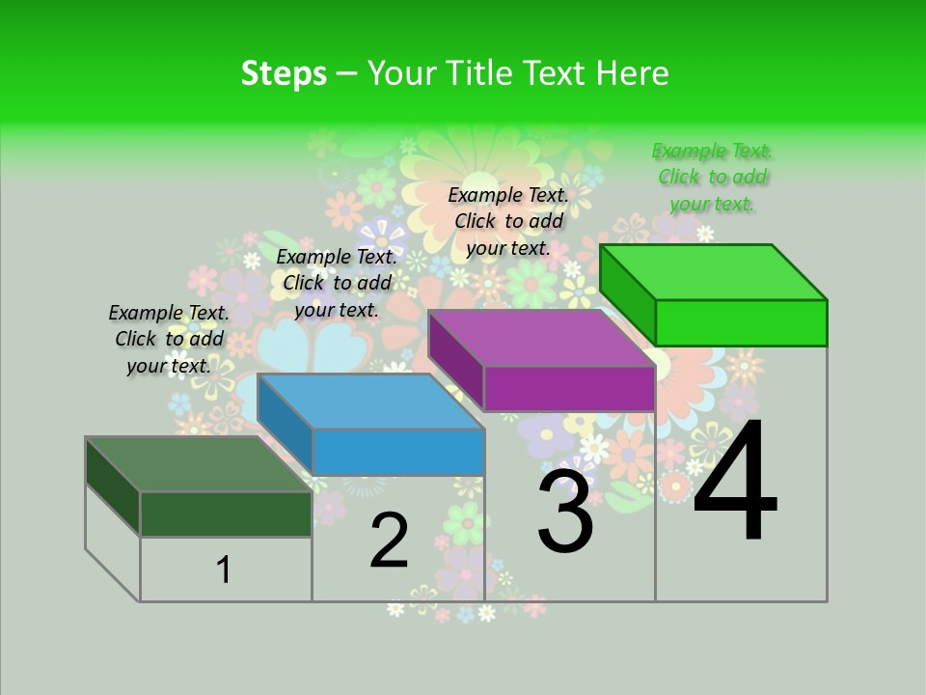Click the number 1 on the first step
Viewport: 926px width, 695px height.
224,570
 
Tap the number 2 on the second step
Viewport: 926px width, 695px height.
389,541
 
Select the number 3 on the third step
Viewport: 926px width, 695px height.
565,512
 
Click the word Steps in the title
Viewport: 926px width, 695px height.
284,73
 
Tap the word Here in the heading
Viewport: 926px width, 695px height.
635,73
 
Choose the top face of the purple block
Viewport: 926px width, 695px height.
540,338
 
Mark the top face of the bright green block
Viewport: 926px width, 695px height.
713,272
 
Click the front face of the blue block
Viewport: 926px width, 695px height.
398,452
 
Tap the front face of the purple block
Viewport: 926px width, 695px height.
569,389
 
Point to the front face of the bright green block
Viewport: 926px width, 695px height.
741,322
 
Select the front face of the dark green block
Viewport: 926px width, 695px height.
226,514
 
